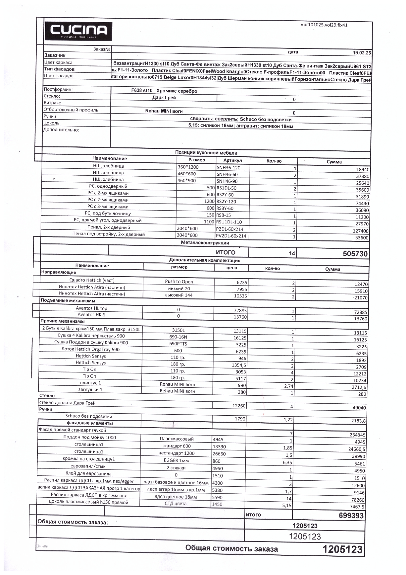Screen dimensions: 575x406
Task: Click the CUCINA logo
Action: click(x=78, y=32)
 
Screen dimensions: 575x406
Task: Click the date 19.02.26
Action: click(x=361, y=53)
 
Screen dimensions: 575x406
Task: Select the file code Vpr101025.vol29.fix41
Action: click(x=324, y=25)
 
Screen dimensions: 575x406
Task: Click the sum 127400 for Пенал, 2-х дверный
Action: click(x=360, y=231)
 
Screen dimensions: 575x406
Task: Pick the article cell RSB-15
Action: click(x=224, y=215)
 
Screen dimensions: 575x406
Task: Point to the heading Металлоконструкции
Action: click(x=205, y=243)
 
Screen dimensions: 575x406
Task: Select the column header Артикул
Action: click(x=232, y=161)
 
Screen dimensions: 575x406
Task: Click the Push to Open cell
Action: click(x=179, y=281)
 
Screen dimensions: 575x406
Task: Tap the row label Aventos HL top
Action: click(x=91, y=308)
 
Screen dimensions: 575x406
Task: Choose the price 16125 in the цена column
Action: click(x=240, y=338)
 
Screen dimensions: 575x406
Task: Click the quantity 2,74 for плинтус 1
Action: click(x=288, y=386)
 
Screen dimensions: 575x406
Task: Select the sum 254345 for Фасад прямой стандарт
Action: click(x=357, y=435)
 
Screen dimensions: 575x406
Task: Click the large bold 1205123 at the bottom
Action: click(x=342, y=549)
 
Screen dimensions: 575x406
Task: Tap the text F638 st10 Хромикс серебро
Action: click(x=164, y=91)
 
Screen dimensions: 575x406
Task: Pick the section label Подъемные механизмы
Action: click(x=68, y=300)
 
